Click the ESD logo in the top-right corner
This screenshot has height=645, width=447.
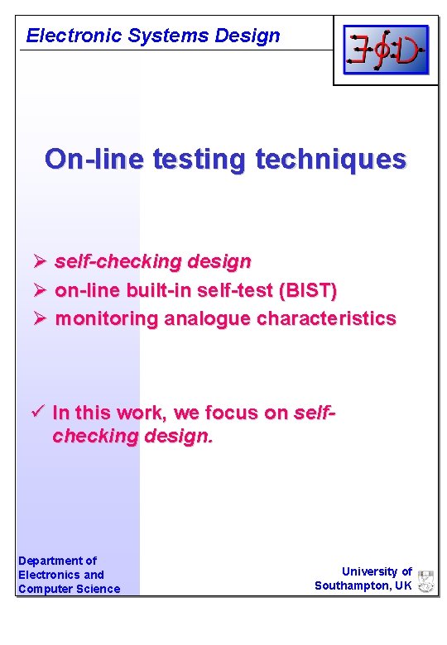point(386,50)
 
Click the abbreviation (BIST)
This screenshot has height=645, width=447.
point(308,290)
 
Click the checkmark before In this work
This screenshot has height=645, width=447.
point(37,412)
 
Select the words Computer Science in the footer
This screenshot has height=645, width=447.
point(69,589)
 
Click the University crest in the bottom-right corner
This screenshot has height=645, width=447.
point(426,580)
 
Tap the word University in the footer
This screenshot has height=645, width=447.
point(370,571)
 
